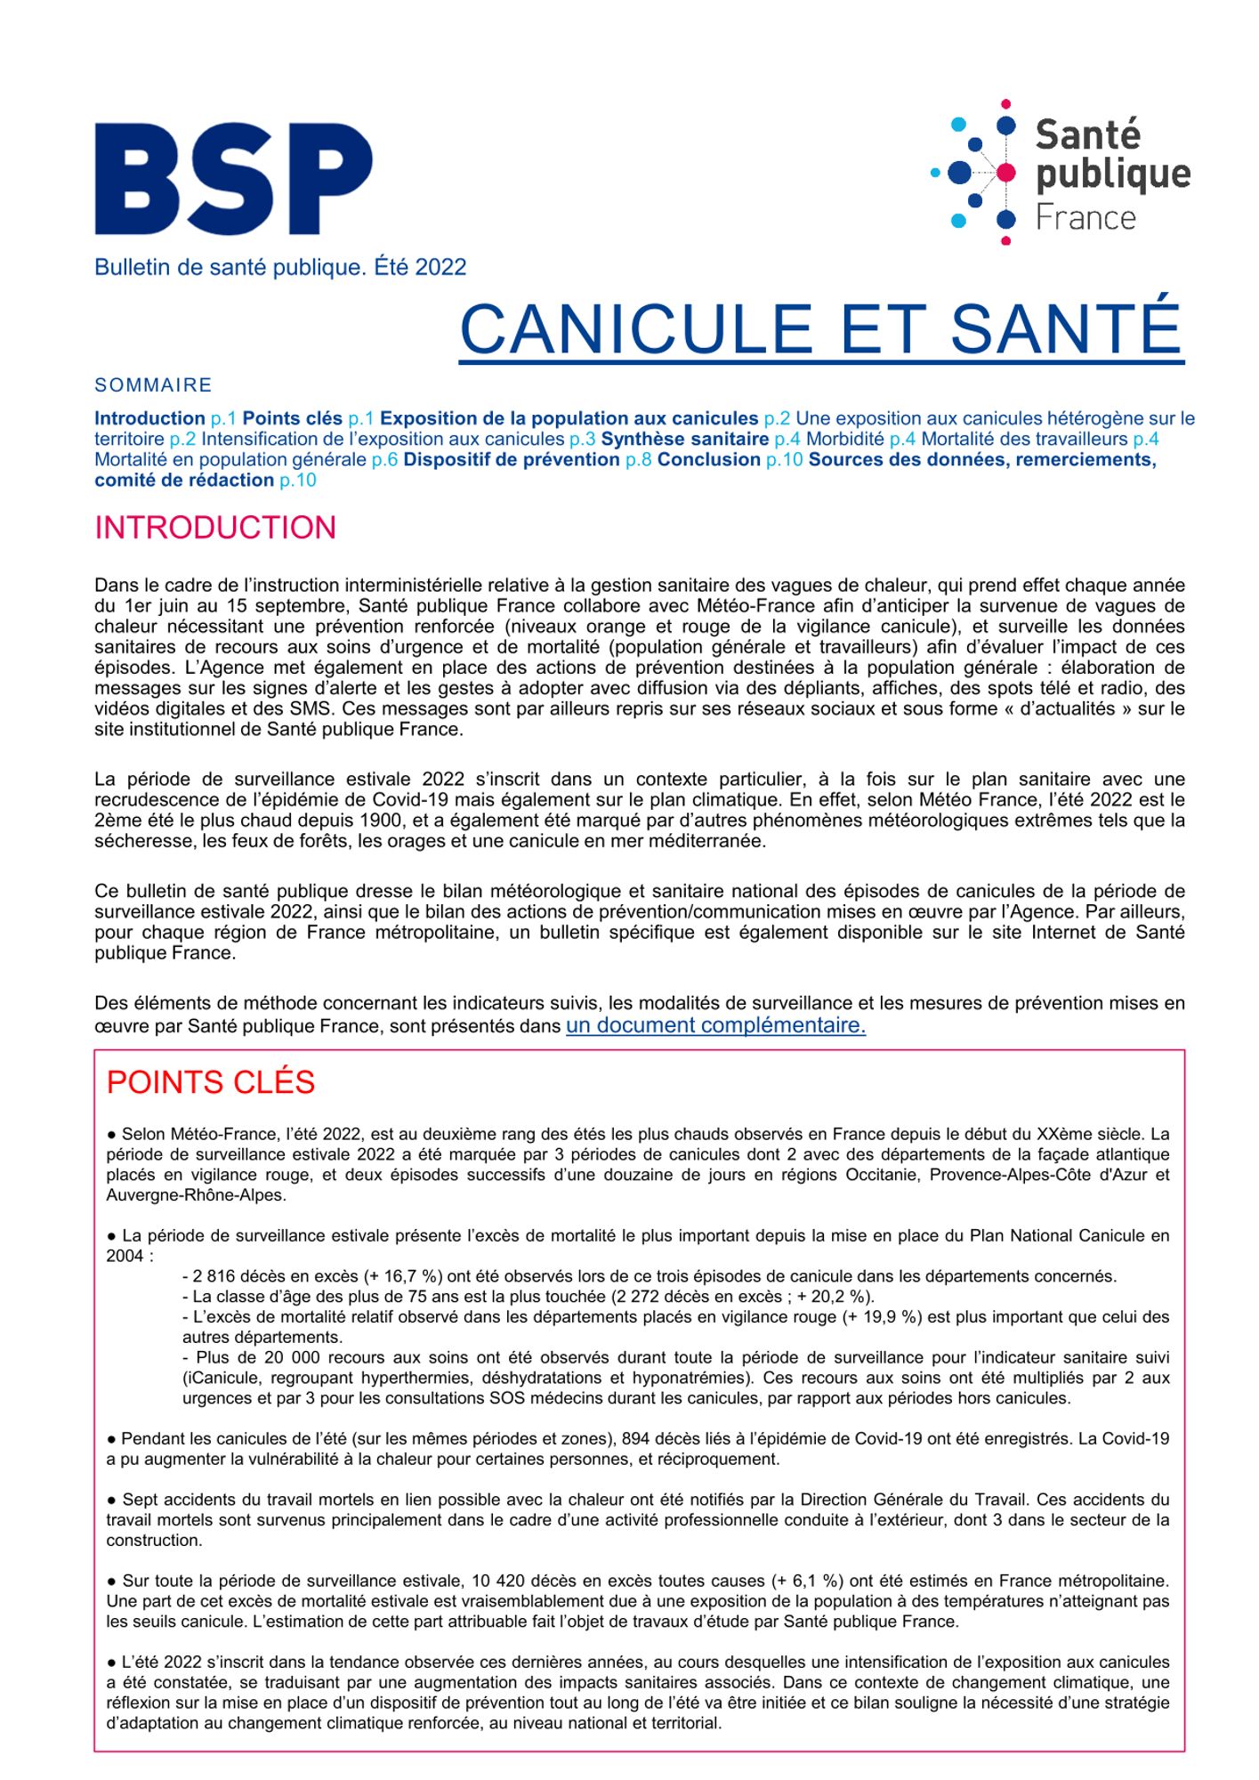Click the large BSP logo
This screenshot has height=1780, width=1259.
tap(233, 179)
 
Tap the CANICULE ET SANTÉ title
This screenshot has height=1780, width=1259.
tap(820, 328)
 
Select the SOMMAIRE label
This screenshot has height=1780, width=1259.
tap(153, 385)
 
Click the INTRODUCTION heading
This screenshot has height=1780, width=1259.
tap(215, 528)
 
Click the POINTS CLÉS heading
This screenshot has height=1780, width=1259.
tap(211, 1082)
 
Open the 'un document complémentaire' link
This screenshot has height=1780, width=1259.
tap(715, 1025)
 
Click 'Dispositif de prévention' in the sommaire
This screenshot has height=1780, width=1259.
tap(511, 460)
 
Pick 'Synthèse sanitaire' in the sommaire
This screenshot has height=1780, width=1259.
tap(684, 440)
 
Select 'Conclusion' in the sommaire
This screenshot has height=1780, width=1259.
tap(708, 460)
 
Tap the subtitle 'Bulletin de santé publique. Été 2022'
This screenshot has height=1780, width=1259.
tap(280, 267)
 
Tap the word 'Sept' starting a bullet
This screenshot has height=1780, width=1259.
tap(139, 1500)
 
